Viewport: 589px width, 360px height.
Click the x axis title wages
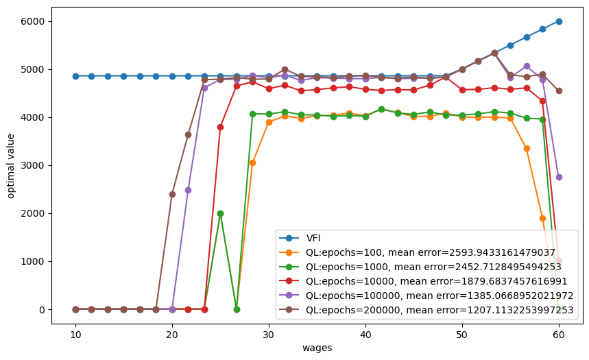pos(317,348)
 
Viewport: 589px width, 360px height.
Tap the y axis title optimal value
pos(11,165)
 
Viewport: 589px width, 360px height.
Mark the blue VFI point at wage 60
pos(559,21)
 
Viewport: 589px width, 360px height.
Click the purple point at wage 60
pos(559,177)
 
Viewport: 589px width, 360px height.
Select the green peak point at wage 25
pos(220,213)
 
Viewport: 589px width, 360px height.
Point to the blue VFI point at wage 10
pos(75,76)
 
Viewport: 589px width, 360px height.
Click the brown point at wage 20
pos(172,194)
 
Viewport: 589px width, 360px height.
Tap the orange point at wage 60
pos(559,261)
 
